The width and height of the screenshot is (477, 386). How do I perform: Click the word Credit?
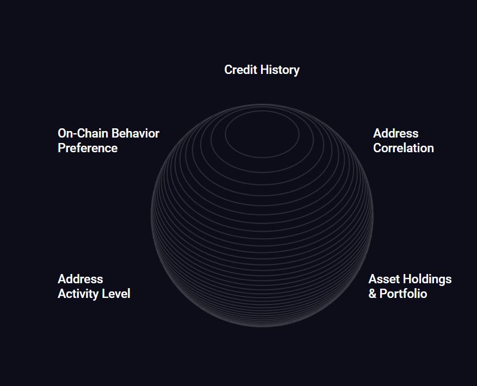pyautogui.click(x=241, y=70)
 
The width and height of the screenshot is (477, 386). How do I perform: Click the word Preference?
pyautogui.click(x=88, y=148)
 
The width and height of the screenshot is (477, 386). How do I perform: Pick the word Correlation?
pyautogui.click(x=404, y=148)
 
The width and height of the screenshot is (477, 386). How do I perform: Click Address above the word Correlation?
pyautogui.click(x=396, y=133)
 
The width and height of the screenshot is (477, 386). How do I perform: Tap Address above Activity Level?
pyautogui.click(x=80, y=279)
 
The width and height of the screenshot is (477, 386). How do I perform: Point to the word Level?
pyautogui.click(x=116, y=294)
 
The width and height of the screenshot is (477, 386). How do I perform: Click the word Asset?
pyautogui.click(x=384, y=279)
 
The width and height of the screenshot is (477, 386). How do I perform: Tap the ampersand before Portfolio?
pyautogui.click(x=373, y=294)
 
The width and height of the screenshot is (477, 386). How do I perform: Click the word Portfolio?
pyautogui.click(x=404, y=294)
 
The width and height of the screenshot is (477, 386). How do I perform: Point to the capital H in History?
pyautogui.click(x=265, y=70)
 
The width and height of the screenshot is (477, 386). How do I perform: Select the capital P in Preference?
pyautogui.click(x=61, y=148)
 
